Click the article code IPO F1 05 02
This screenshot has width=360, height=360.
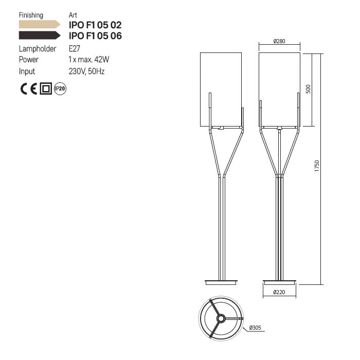pos(95,25)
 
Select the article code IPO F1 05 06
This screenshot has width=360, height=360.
pos(95,35)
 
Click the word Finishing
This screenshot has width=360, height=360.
pos(31,15)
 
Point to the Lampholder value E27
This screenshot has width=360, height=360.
pos(75,49)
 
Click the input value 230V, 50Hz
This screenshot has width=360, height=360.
pos(86,71)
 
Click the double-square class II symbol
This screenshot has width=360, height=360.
pos(46,88)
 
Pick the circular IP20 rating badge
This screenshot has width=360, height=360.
pos(60,88)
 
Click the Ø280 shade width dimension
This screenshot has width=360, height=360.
pos(279,41)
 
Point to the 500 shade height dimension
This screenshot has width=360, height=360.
pos(308,89)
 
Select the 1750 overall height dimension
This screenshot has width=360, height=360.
pos(317,167)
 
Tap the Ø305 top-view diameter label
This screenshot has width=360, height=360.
pos(255,328)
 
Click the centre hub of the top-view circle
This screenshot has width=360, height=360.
pos(221,319)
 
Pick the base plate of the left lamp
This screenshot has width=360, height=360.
pos(221,282)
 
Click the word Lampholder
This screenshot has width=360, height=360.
pos(38,49)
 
